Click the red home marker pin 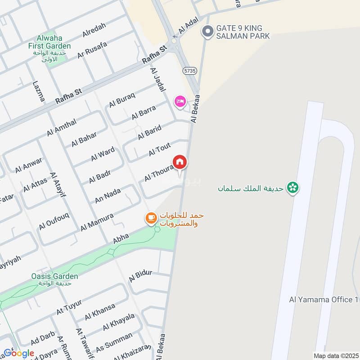(x=179, y=162)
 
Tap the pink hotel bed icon (x=180, y=102)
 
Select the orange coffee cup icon (x=150, y=218)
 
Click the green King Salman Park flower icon (x=293, y=187)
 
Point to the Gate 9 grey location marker (x=207, y=31)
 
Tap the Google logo (x=19, y=353)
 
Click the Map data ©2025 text (x=335, y=355)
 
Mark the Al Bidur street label (x=141, y=275)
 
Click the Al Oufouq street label (x=54, y=221)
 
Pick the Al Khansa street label (x=98, y=313)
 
